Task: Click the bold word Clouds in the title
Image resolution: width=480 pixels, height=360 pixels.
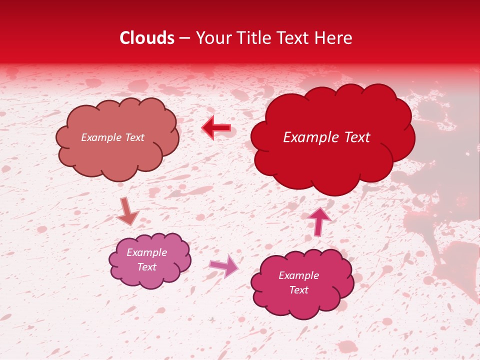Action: click(147, 38)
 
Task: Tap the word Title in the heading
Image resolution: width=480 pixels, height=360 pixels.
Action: click(253, 38)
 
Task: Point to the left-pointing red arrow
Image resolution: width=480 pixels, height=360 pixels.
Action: click(216, 128)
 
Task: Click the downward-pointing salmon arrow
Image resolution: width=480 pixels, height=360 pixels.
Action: click(127, 211)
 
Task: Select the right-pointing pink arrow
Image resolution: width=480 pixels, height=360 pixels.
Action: click(224, 265)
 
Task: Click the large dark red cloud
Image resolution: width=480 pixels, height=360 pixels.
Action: click(332, 137)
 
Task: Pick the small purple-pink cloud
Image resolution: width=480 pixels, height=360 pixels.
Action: click(149, 260)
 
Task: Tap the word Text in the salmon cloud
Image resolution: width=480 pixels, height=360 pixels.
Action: click(133, 137)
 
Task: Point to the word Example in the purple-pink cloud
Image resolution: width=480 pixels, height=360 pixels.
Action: click(146, 252)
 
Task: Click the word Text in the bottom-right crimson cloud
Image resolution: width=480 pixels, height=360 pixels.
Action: click(298, 290)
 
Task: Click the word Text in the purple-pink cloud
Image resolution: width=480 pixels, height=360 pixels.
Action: click(146, 267)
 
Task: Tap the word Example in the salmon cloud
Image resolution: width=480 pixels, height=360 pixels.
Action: click(100, 137)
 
